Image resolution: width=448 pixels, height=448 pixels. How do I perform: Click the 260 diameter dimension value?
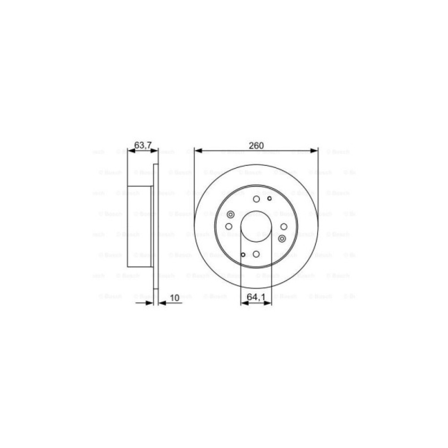pos(256,145)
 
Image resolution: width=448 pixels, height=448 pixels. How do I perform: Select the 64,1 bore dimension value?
pos(256,296)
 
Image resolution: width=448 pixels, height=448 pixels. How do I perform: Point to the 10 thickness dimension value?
pos(175,297)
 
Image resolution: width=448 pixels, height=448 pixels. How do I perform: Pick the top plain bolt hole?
pos(256,199)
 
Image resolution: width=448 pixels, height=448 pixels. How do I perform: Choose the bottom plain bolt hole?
pos(256,254)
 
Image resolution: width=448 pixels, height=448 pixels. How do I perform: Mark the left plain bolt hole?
pos(229,227)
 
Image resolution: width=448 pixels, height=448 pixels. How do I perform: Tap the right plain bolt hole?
pos(284,227)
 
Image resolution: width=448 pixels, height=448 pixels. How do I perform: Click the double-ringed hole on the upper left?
pos(231,215)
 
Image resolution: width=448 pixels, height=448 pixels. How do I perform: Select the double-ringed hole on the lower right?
pos(282,238)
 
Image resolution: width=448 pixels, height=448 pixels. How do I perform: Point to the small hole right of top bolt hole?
pos(269,198)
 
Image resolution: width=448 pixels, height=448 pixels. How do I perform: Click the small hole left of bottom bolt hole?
pos(243,255)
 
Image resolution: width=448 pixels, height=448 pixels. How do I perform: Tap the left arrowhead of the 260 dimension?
pos(198,151)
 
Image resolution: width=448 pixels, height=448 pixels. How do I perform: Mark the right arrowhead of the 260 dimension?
pos(315,151)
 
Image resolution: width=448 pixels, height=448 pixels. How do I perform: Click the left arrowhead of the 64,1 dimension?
pos(244,303)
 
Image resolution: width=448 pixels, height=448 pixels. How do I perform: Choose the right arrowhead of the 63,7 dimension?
pos(155,151)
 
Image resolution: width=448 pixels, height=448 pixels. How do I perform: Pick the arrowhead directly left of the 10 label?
pos(162,303)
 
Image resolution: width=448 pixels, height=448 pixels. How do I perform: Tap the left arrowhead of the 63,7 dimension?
pos(130,151)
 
